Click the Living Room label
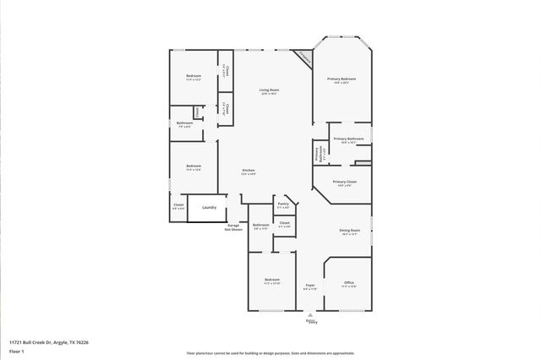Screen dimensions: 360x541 point(269,91)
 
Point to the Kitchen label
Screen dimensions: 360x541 point(249,172)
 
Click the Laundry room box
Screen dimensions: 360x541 point(209,207)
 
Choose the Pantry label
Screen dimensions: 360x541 point(283,204)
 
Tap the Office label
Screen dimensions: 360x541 point(349,284)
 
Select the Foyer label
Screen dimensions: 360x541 point(310,286)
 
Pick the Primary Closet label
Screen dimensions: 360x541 point(344,183)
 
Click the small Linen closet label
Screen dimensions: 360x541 point(196,112)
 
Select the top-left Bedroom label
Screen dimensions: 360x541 point(193,78)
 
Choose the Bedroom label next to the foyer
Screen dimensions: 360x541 point(271,281)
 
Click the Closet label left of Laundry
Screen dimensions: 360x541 point(178,205)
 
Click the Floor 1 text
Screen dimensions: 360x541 point(16,350)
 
